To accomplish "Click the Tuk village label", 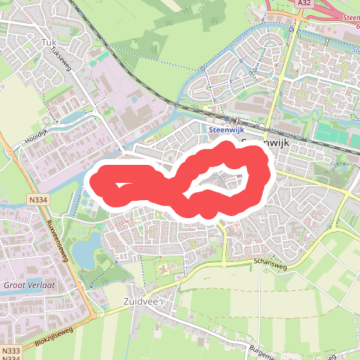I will (x=50, y=42).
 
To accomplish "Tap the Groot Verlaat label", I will (x=29, y=285).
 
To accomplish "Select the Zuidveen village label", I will (x=144, y=301).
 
